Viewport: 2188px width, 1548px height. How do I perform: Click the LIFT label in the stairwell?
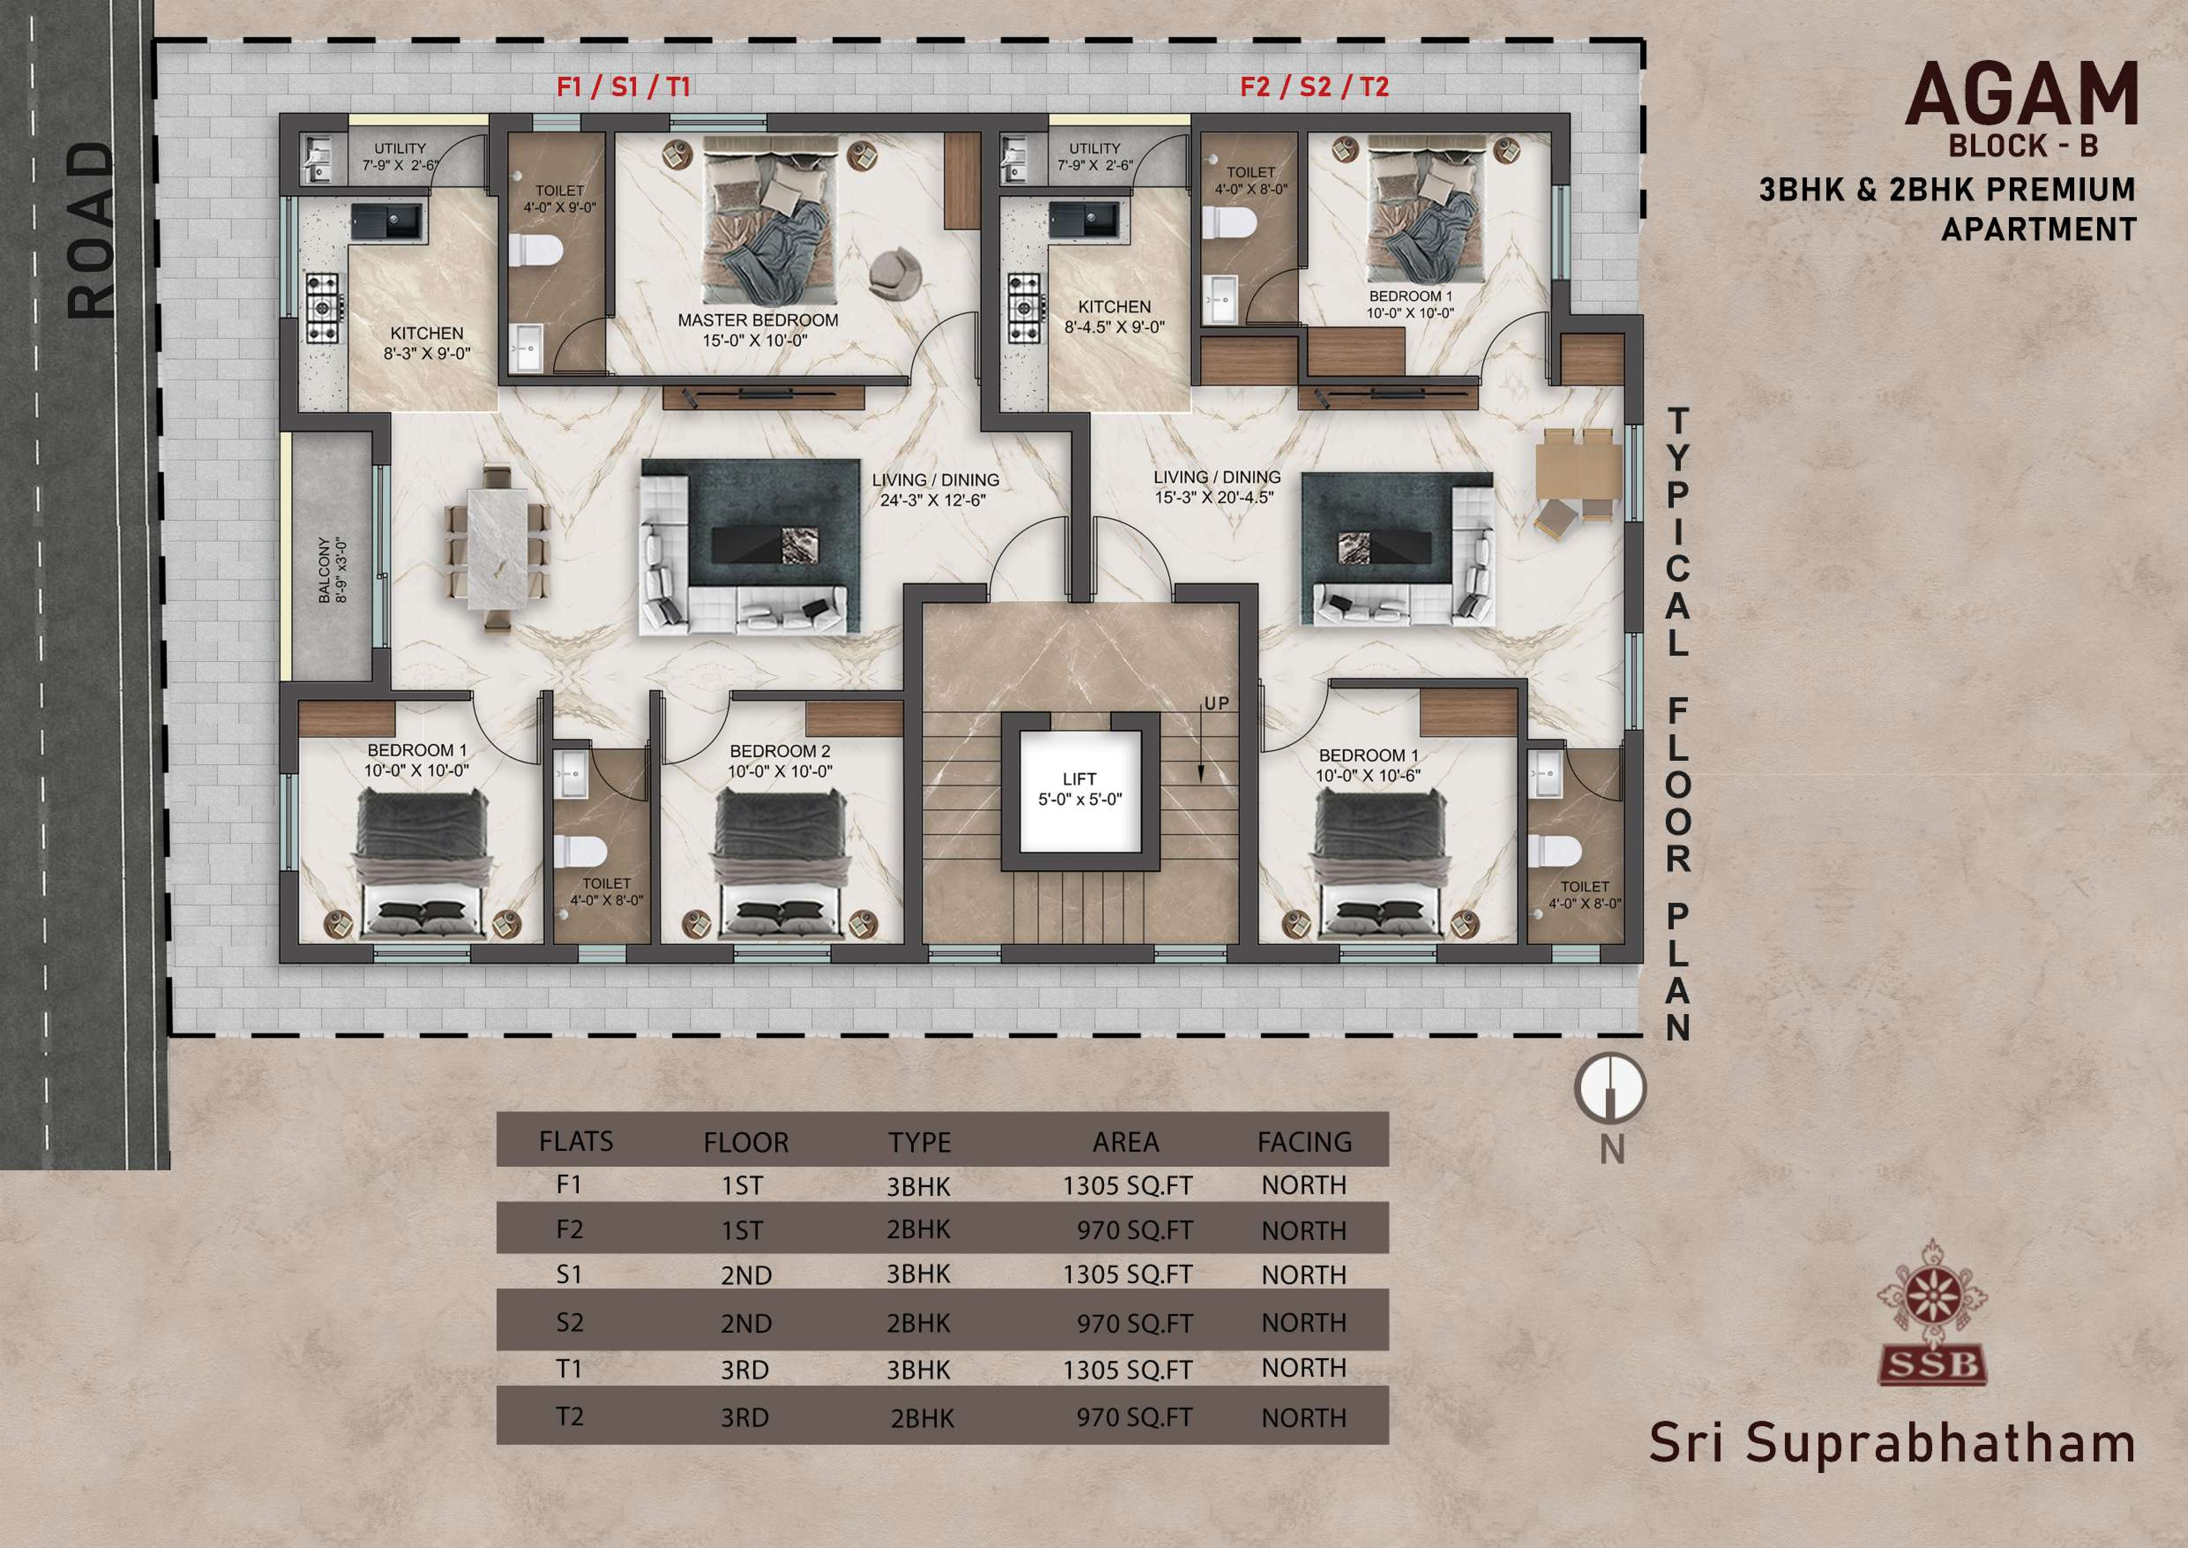[x=1080, y=779]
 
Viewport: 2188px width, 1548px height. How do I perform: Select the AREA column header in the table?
[x=1126, y=1142]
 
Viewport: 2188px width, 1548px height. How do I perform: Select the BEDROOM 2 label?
[x=779, y=751]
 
